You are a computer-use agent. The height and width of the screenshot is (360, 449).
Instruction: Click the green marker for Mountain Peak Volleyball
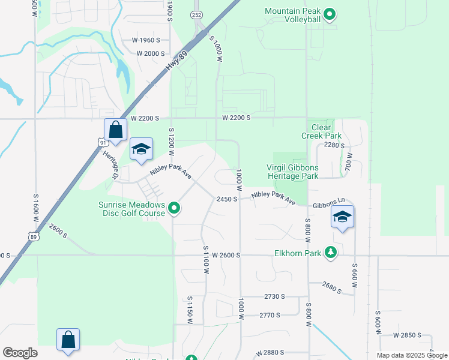click(329, 14)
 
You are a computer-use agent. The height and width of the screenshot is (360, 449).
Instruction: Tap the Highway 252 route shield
click(196, 14)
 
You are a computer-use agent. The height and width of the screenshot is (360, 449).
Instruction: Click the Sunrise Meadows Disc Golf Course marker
click(175, 208)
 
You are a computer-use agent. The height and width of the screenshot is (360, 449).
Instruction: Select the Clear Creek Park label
click(322, 131)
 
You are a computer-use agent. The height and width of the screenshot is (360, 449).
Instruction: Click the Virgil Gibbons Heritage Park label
click(292, 172)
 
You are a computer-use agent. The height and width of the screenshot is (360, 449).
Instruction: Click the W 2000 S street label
click(151, 53)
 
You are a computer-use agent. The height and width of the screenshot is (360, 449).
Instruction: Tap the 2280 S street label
click(334, 145)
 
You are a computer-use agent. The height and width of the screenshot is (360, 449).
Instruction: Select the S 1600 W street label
click(35, 208)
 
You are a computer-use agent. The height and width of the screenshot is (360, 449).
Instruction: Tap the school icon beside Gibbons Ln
click(342, 217)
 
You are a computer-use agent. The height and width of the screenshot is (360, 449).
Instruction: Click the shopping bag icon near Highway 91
click(115, 129)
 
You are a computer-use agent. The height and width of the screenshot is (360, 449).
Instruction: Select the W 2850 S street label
click(413, 335)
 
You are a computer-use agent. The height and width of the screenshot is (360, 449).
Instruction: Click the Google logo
click(20, 353)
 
